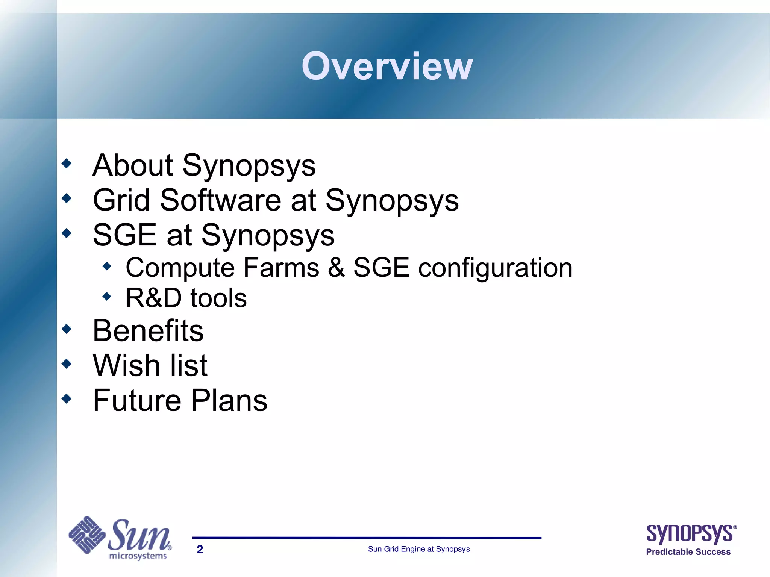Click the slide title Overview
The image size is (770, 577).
point(387,66)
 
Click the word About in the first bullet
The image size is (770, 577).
point(132,165)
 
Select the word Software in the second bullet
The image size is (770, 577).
point(220,200)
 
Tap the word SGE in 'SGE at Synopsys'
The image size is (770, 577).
point(124,235)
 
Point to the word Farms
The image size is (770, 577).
point(281,268)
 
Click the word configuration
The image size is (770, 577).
point(495,268)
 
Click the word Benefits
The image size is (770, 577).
point(148,330)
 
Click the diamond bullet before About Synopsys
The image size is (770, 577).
point(67,164)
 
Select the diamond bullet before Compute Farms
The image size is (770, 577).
point(107,267)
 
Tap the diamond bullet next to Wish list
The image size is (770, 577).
point(67,363)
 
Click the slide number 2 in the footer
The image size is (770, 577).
point(200,549)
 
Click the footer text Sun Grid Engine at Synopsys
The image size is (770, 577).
point(419,549)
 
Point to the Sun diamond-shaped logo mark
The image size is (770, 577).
point(87,535)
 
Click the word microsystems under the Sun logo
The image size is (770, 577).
point(138,556)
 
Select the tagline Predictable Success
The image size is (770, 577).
point(688,552)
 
